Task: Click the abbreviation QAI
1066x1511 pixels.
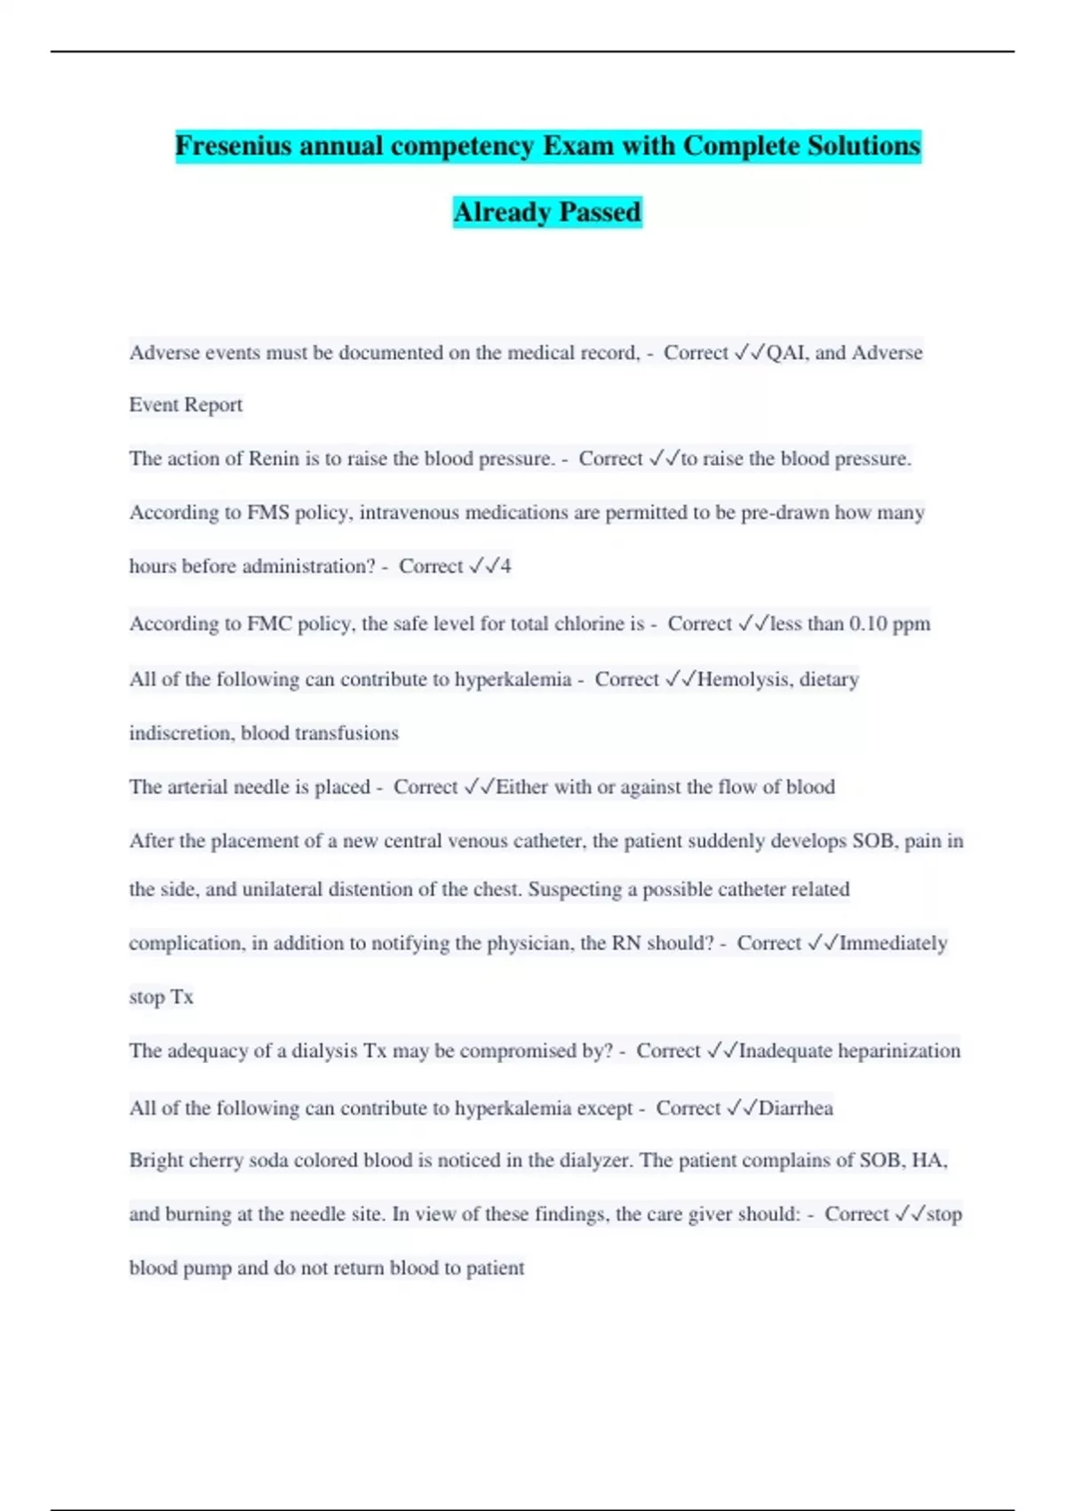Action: tap(786, 353)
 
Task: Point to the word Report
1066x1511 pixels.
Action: tap(213, 405)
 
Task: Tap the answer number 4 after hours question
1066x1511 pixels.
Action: tap(505, 566)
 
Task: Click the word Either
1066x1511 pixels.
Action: tap(522, 787)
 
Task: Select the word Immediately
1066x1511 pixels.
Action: tap(893, 943)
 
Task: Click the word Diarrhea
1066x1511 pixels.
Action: tap(795, 1108)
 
